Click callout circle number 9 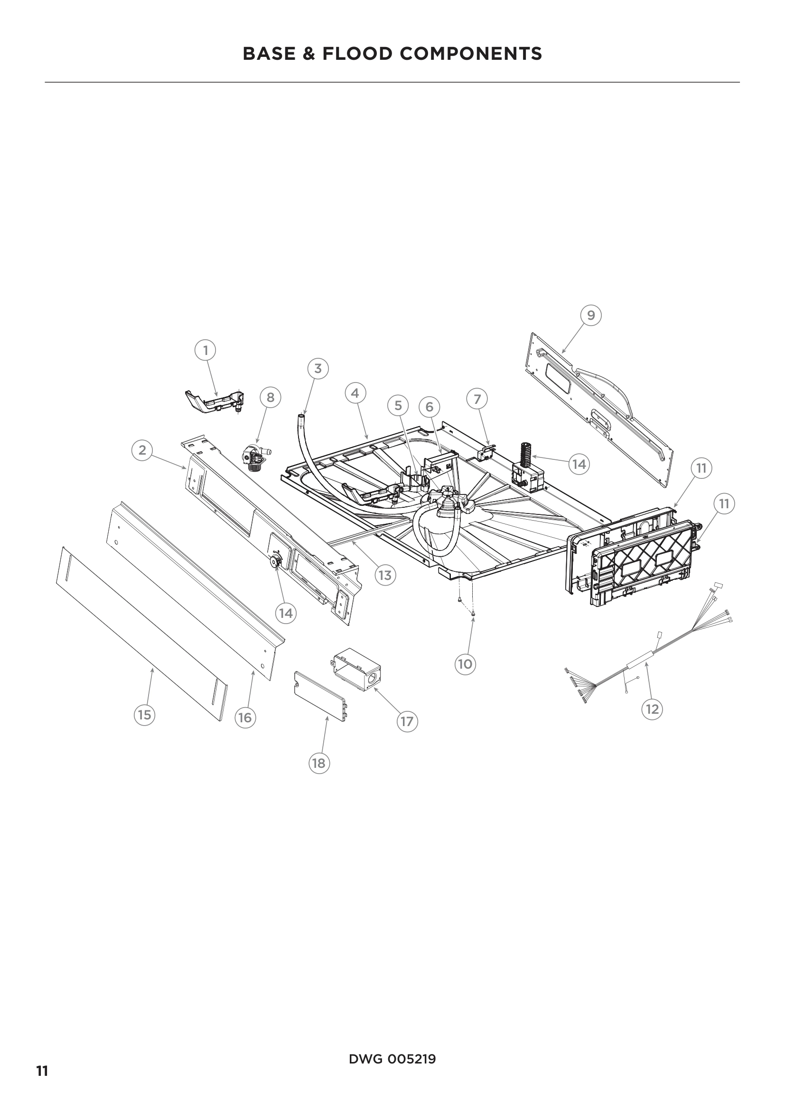coord(591,315)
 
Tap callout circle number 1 coord(206,350)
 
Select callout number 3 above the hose coord(318,368)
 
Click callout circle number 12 coord(652,709)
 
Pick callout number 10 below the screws coord(465,664)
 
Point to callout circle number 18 coord(318,764)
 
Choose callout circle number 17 coord(407,721)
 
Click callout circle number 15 coord(145,715)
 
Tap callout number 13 coord(385,575)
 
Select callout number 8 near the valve coord(270,397)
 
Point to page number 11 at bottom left coord(42,1058)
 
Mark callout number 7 coord(477,399)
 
